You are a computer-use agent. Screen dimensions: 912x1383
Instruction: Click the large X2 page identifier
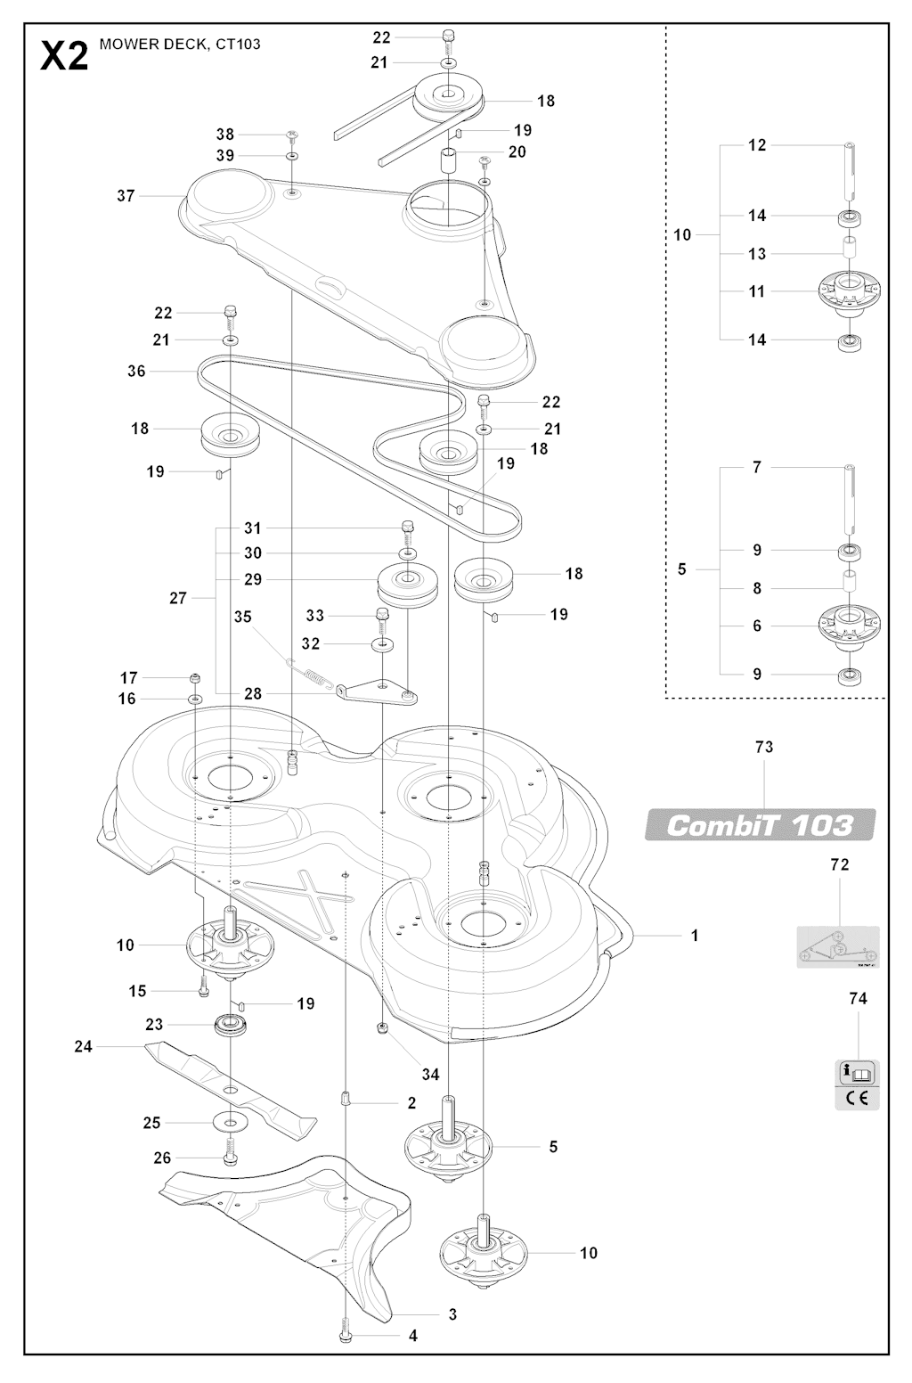[x=64, y=56]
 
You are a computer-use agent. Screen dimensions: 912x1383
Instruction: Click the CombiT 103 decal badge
[x=761, y=824]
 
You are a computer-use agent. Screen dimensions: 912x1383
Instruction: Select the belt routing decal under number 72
[x=838, y=947]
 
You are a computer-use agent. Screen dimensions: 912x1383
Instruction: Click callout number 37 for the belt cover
[x=126, y=196]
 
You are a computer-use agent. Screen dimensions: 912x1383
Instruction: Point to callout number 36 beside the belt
[x=136, y=371]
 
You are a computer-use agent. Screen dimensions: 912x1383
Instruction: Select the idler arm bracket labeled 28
[x=377, y=692]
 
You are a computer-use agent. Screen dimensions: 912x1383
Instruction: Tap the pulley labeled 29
[x=408, y=585]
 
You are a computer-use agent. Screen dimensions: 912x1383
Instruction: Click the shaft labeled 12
[x=850, y=171]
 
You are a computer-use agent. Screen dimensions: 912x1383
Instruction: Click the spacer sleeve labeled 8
[x=850, y=582]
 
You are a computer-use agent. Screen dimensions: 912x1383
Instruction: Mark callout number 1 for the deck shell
[x=695, y=936]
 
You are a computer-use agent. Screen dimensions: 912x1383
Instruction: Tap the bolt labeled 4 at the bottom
[x=345, y=1335]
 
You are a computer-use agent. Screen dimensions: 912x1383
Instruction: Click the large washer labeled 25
[x=230, y=1121]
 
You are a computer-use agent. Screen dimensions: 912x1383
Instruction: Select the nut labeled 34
[x=381, y=1028]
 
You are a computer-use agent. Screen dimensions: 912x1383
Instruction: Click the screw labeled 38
[x=292, y=135]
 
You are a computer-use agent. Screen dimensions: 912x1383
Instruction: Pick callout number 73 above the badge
[x=764, y=747]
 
